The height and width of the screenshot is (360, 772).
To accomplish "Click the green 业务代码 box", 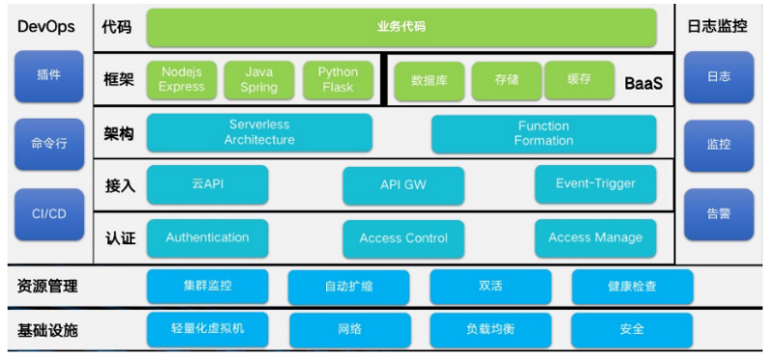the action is pyautogui.click(x=401, y=27).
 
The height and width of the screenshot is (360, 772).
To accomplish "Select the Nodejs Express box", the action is pyautogui.click(x=181, y=80).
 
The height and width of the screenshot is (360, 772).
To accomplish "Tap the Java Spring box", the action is pyautogui.click(x=259, y=80).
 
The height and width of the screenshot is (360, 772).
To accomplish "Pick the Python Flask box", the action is pyautogui.click(x=338, y=80).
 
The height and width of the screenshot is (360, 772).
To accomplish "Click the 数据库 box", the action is pyautogui.click(x=429, y=81).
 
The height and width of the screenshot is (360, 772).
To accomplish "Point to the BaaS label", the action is pyautogui.click(x=644, y=83).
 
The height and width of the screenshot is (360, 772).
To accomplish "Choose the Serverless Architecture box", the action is pyautogui.click(x=260, y=133).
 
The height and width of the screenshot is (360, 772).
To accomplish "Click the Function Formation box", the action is pyautogui.click(x=544, y=134).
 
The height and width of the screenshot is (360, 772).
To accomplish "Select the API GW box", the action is pyautogui.click(x=403, y=185).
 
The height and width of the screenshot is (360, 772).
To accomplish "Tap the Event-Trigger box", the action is pyautogui.click(x=595, y=184).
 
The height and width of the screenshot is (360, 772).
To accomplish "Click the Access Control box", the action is pyautogui.click(x=403, y=238).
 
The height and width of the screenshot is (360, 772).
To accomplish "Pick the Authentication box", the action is pyautogui.click(x=207, y=237).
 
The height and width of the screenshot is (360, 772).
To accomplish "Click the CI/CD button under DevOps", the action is pyautogui.click(x=49, y=214).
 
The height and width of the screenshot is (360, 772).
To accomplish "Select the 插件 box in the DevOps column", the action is pyautogui.click(x=49, y=76).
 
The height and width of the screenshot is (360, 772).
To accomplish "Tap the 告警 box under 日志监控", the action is pyautogui.click(x=719, y=214).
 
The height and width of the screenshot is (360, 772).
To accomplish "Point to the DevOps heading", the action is pyautogui.click(x=46, y=27).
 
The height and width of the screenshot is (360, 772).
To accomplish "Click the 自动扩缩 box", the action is pyautogui.click(x=348, y=287).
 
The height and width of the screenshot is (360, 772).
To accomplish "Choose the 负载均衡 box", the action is pyautogui.click(x=490, y=329).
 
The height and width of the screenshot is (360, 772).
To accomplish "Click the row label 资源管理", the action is pyautogui.click(x=47, y=286).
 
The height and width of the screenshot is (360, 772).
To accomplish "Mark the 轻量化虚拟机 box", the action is pyautogui.click(x=207, y=328).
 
